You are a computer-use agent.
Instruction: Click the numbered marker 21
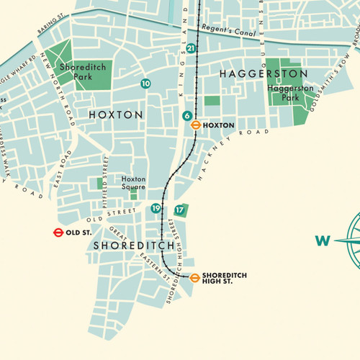(x=190, y=48)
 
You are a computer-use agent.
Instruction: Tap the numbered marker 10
(x=146, y=84)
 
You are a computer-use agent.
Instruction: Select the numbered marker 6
(x=186, y=116)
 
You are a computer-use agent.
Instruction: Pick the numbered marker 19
(x=156, y=209)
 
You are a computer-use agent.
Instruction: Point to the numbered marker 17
(x=179, y=210)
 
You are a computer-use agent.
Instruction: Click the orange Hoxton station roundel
(x=194, y=125)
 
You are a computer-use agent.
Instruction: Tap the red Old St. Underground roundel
(x=57, y=233)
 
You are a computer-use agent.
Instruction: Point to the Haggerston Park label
(x=291, y=92)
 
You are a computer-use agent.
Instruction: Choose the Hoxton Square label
(x=133, y=183)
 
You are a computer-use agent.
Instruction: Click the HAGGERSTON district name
(x=264, y=74)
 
